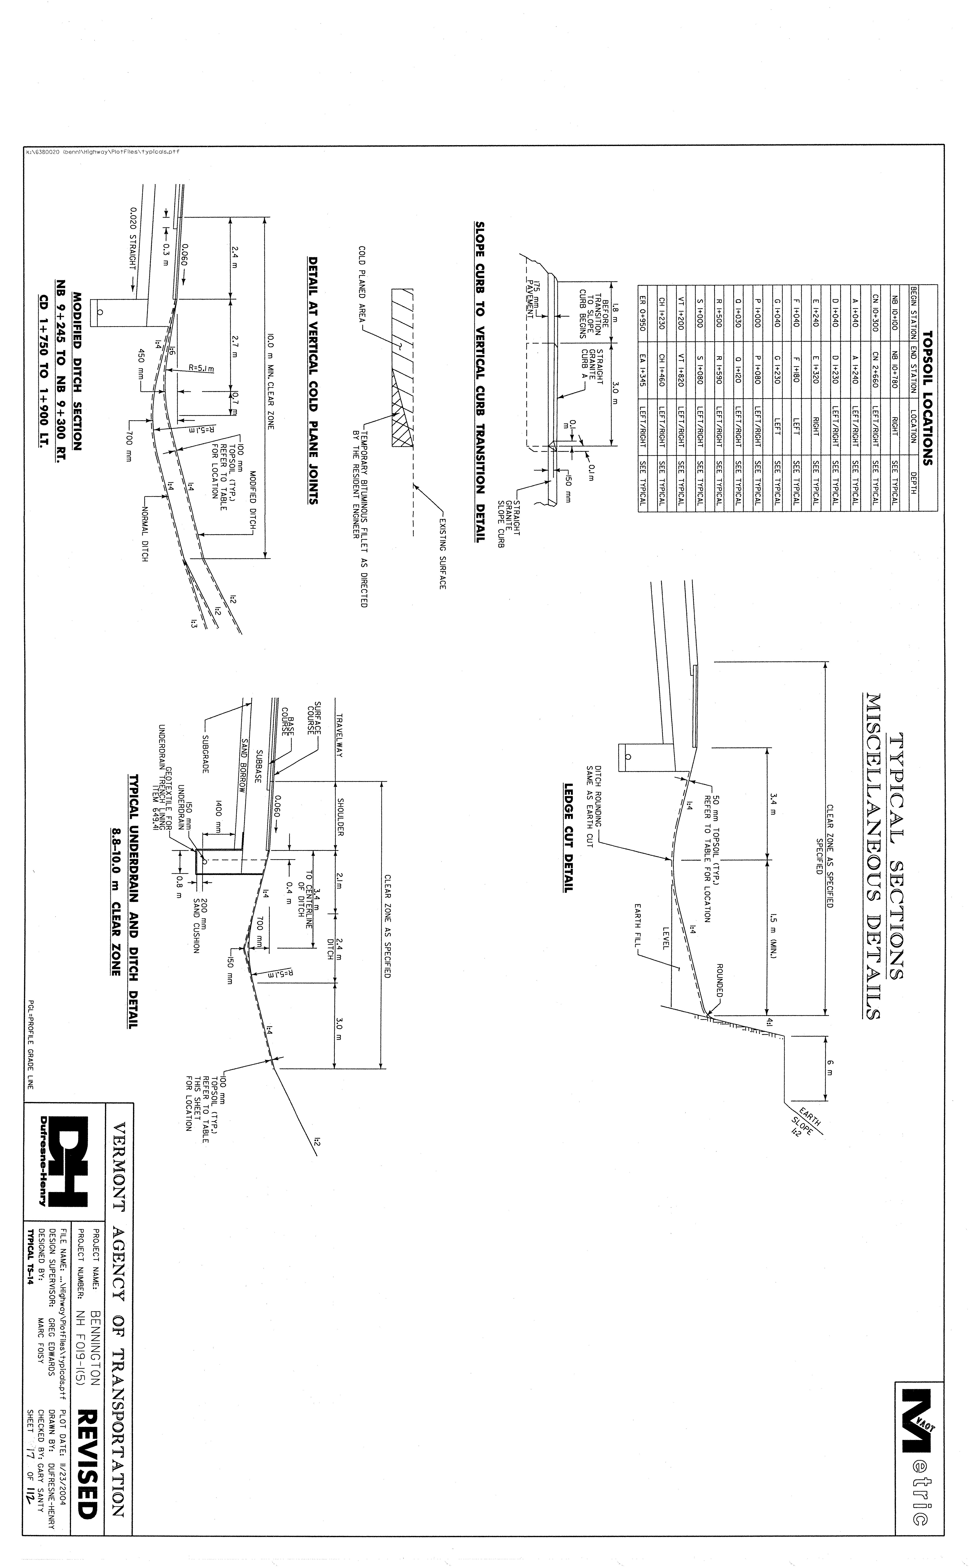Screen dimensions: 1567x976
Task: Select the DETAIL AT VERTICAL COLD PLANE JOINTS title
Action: [x=313, y=381]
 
